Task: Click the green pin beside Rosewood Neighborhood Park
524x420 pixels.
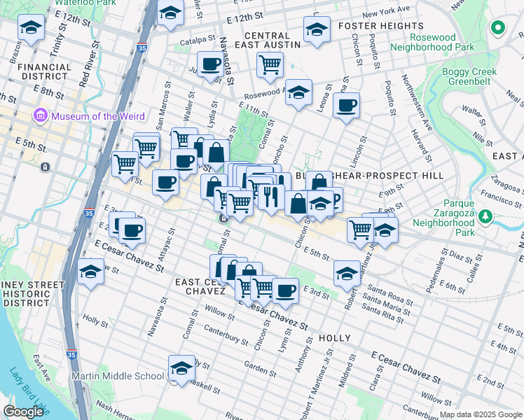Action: [x=498, y=29]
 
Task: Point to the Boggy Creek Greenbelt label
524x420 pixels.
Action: [x=469, y=77]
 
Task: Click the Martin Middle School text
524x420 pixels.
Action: [x=118, y=376]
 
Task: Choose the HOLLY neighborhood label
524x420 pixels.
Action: [x=334, y=338]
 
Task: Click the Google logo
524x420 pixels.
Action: [x=23, y=412]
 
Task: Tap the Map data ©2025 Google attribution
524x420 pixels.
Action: [x=481, y=414]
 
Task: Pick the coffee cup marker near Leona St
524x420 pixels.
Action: [x=346, y=106]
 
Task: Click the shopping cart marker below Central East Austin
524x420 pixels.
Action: [x=270, y=64]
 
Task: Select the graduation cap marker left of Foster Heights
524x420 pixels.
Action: [x=317, y=29]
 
